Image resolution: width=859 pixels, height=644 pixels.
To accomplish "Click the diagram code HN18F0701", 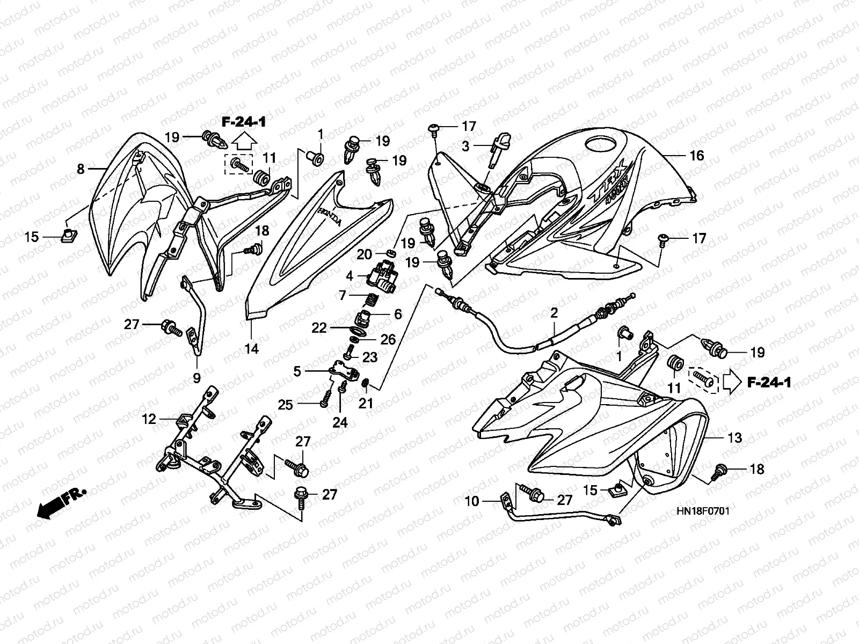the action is [x=703, y=511].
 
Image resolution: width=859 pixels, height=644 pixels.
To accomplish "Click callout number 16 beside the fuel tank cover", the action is [x=696, y=156].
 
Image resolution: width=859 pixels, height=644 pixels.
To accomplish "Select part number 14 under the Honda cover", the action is [x=251, y=348].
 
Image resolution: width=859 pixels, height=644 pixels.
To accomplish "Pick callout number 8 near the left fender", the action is [x=81, y=169].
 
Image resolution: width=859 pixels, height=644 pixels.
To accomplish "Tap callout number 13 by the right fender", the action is [x=734, y=438].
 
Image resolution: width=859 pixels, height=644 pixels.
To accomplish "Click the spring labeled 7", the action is [x=372, y=301].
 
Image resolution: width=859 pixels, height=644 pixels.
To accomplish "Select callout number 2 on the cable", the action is [x=554, y=313].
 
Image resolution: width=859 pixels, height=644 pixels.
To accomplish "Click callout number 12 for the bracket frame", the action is [x=149, y=419].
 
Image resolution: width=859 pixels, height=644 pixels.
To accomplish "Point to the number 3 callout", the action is [x=465, y=146].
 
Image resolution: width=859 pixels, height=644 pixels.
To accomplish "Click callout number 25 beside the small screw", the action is [x=285, y=405].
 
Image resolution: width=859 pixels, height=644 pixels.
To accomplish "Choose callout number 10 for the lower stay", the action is [x=472, y=501].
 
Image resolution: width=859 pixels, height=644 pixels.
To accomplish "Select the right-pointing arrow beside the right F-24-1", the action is [x=732, y=383].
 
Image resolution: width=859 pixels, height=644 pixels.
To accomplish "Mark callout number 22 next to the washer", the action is [x=319, y=328].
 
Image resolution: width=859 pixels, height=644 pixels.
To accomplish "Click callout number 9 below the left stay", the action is [x=197, y=378].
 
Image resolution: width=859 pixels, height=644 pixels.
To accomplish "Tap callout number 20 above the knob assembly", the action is [x=365, y=254].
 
